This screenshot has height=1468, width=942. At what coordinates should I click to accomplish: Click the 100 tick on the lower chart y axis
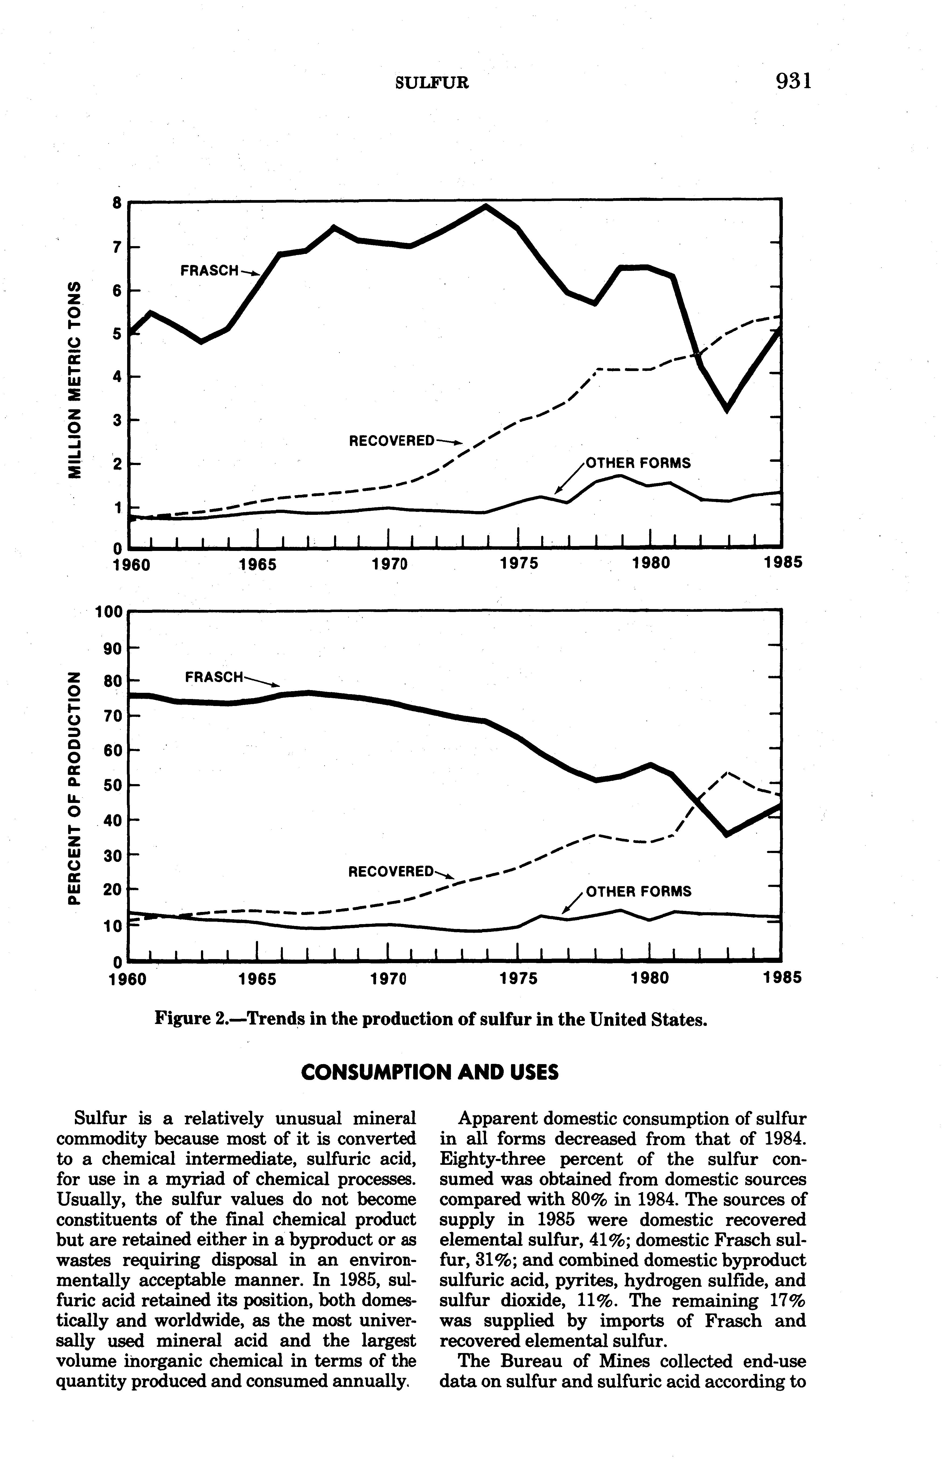110,611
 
